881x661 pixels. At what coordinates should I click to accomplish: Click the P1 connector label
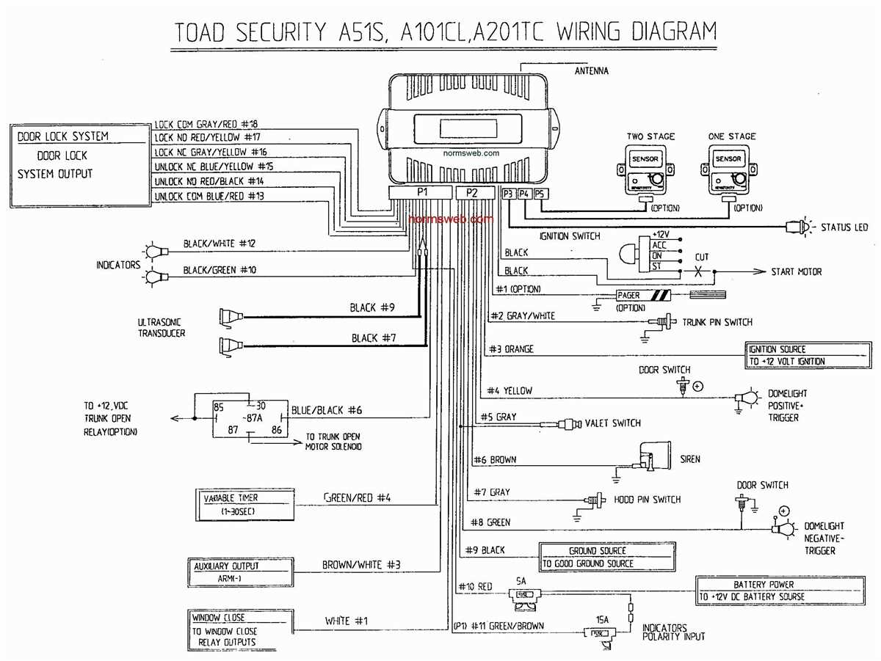[422, 193]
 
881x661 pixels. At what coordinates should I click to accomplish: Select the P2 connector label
[471, 193]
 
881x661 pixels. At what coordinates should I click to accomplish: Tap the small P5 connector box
[540, 194]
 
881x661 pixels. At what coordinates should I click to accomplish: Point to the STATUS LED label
[844, 227]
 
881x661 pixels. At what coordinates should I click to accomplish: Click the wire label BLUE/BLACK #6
[326, 411]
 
